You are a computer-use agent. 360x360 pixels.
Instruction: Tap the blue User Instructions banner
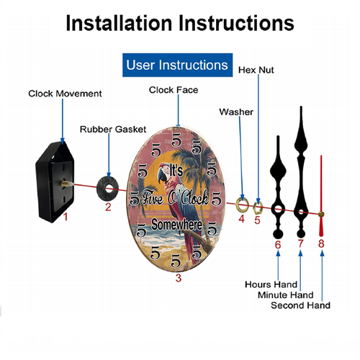177,65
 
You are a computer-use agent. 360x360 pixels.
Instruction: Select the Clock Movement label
65,94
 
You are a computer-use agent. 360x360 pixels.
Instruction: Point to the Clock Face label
174,90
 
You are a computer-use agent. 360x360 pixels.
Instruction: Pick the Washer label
236,112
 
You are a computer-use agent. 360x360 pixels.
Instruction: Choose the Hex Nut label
256,70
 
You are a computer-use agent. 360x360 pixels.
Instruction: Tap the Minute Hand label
285,295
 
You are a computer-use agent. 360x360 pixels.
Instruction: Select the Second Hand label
300,305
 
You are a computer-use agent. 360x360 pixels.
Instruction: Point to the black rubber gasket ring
109,186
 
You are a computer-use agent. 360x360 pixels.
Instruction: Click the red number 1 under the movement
65,215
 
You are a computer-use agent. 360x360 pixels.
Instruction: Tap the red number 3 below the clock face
178,276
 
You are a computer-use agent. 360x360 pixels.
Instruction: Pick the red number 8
322,243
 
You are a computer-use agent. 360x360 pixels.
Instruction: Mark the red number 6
277,244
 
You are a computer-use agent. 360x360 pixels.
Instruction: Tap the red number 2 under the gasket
108,207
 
